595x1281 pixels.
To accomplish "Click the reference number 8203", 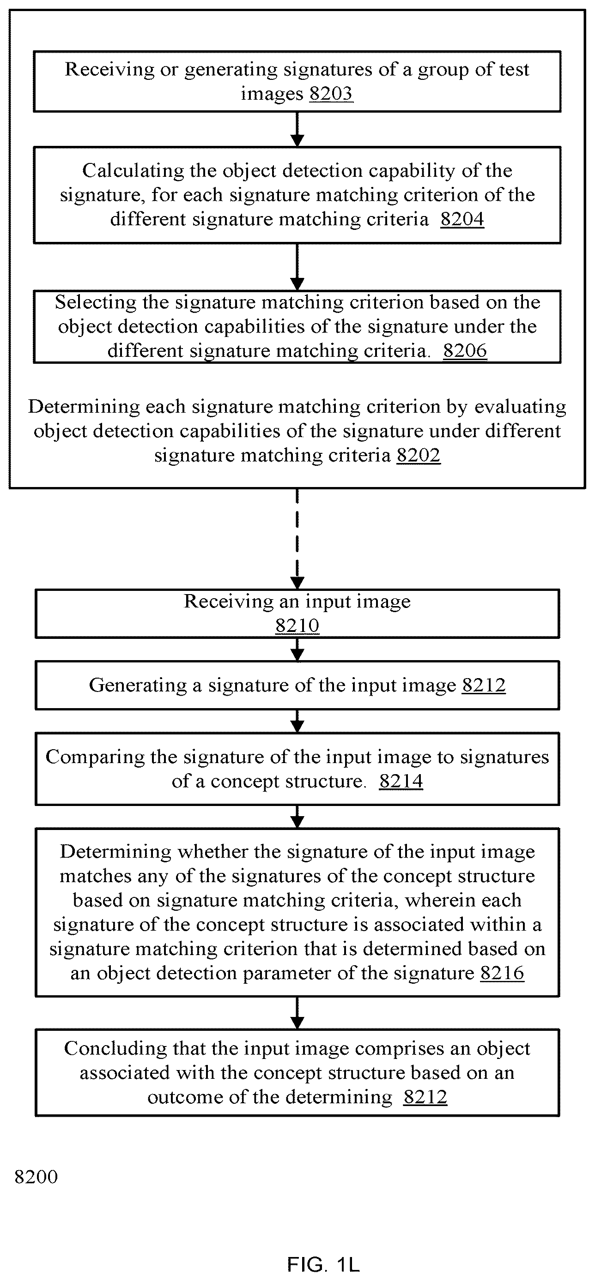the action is point(331,94).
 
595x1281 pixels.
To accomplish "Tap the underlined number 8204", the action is point(462,219).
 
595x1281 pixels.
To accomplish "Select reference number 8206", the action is point(465,350).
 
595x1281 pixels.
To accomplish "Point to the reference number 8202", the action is point(419,455).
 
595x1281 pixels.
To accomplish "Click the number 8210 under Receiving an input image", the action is point(297,625).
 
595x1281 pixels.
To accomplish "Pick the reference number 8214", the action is point(401,781).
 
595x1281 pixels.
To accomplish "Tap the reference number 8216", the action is point(502,973).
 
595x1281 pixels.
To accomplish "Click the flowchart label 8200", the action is point(36,1177).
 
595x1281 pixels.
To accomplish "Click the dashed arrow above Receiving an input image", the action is point(297,539).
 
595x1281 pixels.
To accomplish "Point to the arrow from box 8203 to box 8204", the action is point(297,129).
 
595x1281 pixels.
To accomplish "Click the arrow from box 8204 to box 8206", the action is point(297,267).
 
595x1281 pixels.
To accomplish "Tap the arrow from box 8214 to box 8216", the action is point(297,817).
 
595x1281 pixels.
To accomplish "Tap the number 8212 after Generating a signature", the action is point(484,685).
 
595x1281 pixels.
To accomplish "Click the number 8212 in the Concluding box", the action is point(425,1096).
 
